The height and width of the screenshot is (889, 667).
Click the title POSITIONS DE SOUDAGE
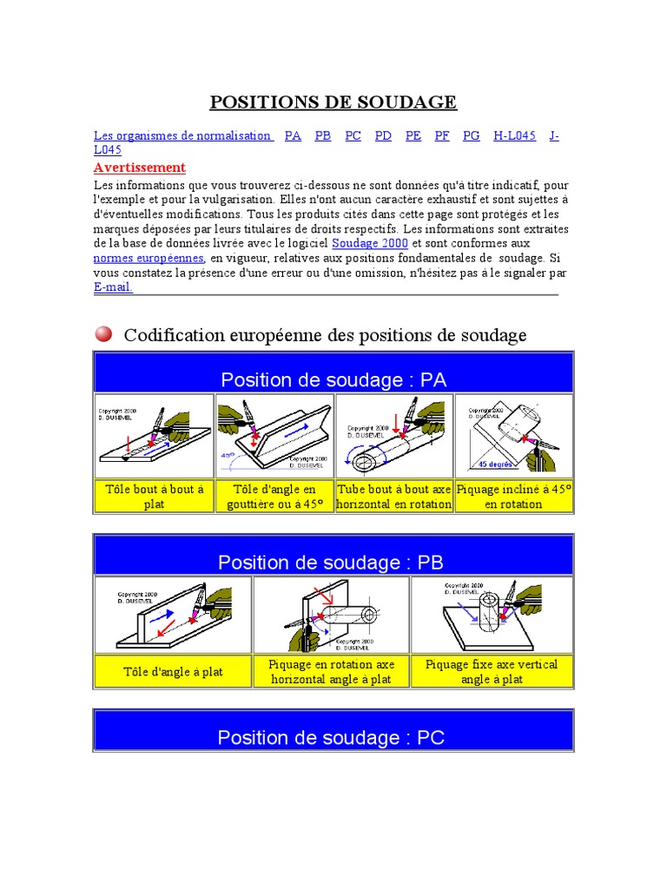point(333,102)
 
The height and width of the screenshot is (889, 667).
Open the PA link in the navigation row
point(293,135)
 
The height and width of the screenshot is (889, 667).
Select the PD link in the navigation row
point(383,135)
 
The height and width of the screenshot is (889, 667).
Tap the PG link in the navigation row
point(471,135)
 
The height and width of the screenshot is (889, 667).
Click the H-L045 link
point(514,135)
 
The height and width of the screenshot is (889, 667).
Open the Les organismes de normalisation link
point(183,135)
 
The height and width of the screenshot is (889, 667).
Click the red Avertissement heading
point(139,167)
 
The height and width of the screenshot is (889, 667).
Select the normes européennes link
point(149,258)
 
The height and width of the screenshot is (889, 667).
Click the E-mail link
point(113,286)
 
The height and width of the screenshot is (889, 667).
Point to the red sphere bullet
point(103,333)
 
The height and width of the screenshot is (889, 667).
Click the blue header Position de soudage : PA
point(333,379)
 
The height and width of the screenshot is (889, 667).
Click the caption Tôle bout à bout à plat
point(155,496)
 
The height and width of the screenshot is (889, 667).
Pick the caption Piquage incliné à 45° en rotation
point(514,496)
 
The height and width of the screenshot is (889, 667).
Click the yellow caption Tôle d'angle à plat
point(174,671)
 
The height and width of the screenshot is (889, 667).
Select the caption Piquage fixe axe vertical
point(492,671)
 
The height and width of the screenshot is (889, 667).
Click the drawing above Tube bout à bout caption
point(394,435)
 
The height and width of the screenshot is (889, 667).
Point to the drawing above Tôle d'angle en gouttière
point(274,435)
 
